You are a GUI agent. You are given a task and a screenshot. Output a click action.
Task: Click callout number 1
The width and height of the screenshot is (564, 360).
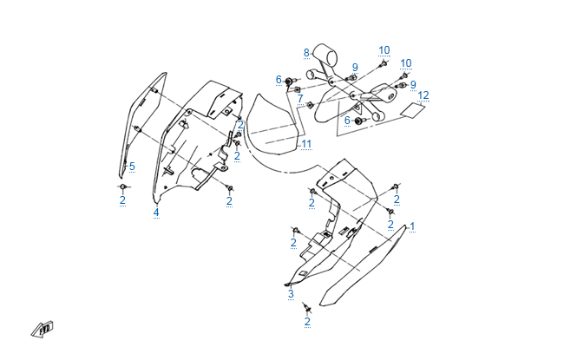[412, 226]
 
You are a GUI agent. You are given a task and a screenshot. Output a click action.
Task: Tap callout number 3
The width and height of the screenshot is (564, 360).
[291, 294]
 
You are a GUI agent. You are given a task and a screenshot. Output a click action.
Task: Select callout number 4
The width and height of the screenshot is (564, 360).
[156, 212]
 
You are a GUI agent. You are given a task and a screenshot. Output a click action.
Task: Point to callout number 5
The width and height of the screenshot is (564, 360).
[132, 166]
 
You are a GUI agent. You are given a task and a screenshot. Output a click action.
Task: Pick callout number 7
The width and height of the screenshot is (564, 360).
[300, 100]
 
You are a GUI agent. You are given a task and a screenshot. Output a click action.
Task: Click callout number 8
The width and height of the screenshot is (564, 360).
[306, 53]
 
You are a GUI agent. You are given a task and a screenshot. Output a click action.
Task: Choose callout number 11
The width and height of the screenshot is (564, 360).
[305, 143]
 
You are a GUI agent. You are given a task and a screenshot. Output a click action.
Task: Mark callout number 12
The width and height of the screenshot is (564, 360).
[423, 95]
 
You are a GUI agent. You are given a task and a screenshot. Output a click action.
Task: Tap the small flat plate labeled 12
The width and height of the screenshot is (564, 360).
[414, 109]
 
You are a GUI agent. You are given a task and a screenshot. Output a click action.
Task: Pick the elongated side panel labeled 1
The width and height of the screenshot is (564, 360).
[364, 265]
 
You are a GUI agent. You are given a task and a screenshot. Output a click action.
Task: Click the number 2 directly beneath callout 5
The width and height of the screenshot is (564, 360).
[122, 200]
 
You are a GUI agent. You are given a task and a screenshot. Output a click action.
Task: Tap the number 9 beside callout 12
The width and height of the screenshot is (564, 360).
[413, 84]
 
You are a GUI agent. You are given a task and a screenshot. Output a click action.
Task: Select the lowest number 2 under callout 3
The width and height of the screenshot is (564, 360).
[307, 322]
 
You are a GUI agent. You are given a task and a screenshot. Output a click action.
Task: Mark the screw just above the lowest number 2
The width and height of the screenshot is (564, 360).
[306, 307]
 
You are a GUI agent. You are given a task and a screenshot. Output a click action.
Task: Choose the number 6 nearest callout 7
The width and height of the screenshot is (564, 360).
[279, 80]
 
